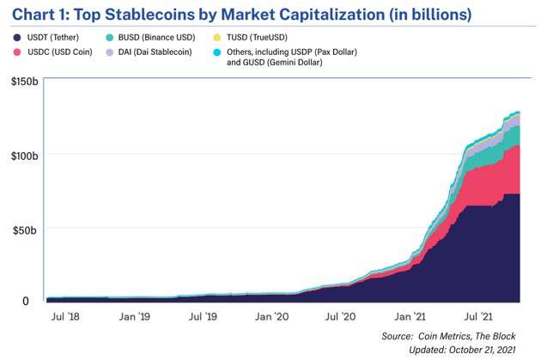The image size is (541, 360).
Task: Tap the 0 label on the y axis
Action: (25, 301)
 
